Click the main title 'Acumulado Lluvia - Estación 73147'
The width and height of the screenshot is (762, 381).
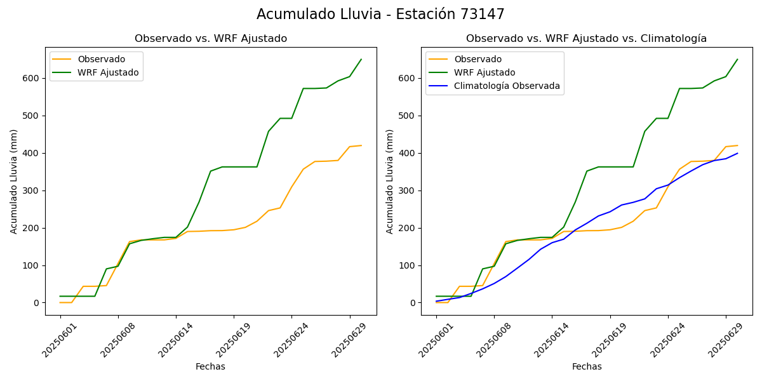click(380, 15)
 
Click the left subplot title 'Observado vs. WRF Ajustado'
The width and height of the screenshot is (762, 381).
click(211, 39)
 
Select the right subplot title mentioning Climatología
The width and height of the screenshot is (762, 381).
click(586, 39)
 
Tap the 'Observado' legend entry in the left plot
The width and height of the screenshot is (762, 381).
click(102, 59)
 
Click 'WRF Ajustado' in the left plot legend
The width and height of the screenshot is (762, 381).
click(108, 72)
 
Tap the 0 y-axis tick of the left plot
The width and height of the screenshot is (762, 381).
click(36, 303)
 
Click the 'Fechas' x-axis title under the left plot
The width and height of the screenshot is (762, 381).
click(210, 366)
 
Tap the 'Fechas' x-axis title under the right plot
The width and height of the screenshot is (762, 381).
click(587, 366)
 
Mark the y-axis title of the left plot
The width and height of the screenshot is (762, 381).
click(14, 181)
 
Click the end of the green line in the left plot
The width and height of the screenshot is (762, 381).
click(361, 60)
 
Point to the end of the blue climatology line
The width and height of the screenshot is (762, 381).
click(737, 153)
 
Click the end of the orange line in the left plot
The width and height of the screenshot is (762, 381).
click(361, 145)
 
